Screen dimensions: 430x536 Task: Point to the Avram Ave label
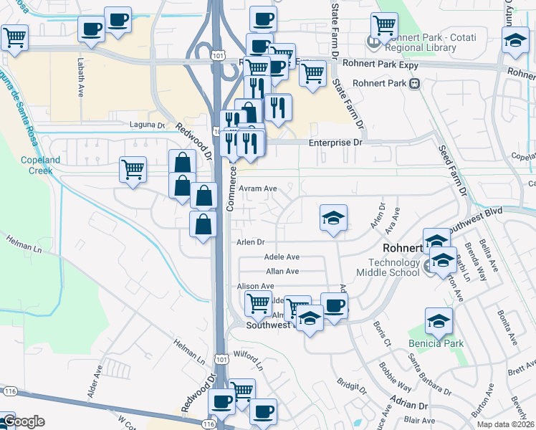(258, 188)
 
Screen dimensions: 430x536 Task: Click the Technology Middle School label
(393, 267)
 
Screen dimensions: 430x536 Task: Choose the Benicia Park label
(436, 343)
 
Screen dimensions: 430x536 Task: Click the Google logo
(23, 421)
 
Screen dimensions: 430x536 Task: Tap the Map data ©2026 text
(505, 424)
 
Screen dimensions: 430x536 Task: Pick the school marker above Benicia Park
(439, 322)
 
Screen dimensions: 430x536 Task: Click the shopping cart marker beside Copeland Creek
(133, 170)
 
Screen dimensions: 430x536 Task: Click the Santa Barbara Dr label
(429, 367)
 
